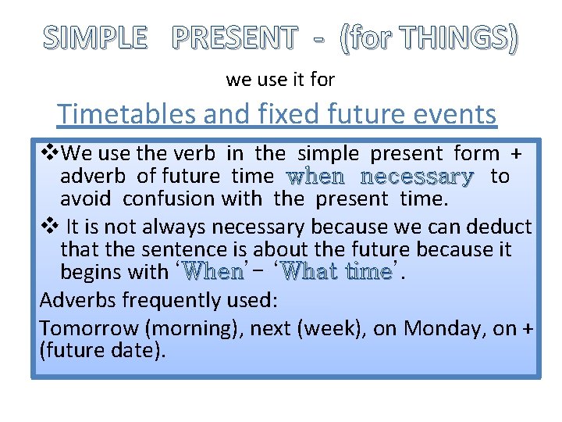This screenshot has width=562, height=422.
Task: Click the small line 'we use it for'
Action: coord(280,79)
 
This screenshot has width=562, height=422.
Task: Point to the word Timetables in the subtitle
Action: coord(126,114)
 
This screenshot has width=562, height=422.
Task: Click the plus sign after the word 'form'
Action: coord(515,153)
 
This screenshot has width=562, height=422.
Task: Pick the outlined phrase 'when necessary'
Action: coord(380,177)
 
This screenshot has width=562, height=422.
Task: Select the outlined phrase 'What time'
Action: coord(340,273)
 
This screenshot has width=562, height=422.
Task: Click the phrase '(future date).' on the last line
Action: coord(102,351)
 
